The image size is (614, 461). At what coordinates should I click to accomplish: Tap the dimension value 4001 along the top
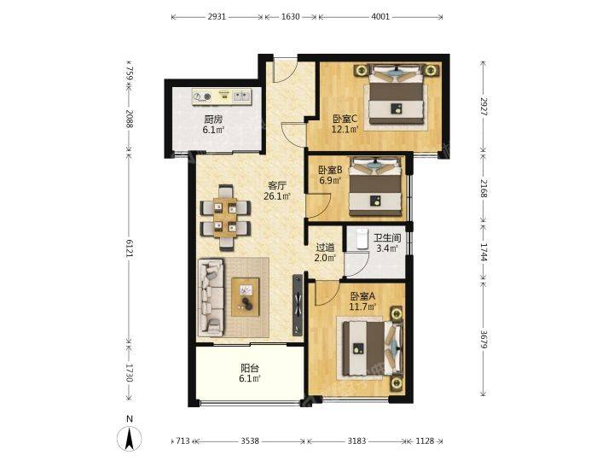[x=379, y=16]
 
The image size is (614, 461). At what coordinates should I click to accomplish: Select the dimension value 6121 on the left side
[x=130, y=248]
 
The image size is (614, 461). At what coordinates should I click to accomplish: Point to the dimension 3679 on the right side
[x=484, y=340]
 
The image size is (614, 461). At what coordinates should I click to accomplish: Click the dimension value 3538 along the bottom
[x=250, y=441]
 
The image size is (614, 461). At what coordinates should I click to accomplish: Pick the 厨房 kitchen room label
[x=213, y=120]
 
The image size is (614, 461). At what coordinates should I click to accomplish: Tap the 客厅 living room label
[x=277, y=185]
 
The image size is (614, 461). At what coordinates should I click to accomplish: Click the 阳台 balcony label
[x=250, y=368]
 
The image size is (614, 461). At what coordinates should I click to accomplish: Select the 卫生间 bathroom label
[x=387, y=238]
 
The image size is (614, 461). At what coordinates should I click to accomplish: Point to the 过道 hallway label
[x=325, y=248]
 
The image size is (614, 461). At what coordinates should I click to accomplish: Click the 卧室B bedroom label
[x=330, y=170]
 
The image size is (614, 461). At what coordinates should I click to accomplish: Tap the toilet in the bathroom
[x=361, y=238]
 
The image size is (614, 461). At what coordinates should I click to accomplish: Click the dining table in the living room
[x=225, y=218]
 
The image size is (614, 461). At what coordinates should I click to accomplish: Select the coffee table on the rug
[x=246, y=297]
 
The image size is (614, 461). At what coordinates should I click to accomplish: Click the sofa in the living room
[x=211, y=298]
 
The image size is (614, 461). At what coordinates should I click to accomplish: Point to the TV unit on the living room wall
[x=298, y=305]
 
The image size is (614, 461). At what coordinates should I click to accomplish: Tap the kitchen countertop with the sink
[x=222, y=96]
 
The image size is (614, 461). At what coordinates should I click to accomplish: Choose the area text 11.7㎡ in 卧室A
[x=362, y=306]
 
